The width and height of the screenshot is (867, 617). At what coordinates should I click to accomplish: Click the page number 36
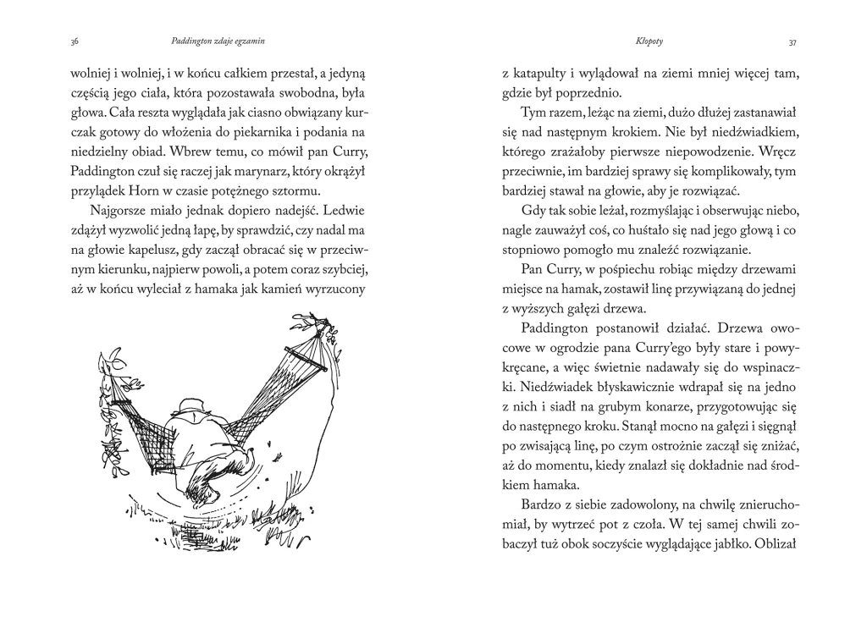point(75,40)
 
